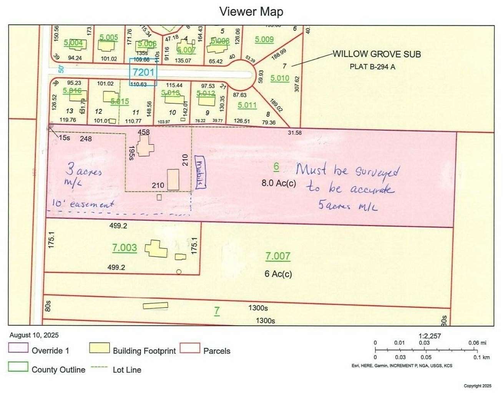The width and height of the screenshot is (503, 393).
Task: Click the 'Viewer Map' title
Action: point(251,12)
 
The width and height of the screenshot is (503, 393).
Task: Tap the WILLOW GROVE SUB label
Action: point(376,54)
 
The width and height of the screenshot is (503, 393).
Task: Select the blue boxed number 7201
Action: point(143,72)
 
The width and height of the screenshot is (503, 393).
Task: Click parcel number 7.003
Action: point(125,248)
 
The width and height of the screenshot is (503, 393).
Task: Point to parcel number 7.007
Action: point(277,256)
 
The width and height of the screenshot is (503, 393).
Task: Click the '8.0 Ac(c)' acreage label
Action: point(279,183)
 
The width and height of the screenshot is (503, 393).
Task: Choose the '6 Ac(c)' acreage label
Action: point(278,274)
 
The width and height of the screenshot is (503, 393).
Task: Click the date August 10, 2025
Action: point(34,335)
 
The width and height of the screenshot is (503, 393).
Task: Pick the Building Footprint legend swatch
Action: point(99,348)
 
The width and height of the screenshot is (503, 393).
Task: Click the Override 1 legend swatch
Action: point(18,348)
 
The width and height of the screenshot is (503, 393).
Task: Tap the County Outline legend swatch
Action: point(18,367)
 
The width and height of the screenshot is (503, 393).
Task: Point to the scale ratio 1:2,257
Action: point(430,336)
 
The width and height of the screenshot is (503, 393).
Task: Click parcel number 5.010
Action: point(280,78)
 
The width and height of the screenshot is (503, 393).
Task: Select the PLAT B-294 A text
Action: point(372,67)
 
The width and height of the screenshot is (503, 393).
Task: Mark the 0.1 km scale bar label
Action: point(481,357)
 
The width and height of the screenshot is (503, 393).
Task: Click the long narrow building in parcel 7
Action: point(155,306)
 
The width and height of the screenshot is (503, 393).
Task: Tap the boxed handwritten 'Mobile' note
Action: point(200,172)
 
